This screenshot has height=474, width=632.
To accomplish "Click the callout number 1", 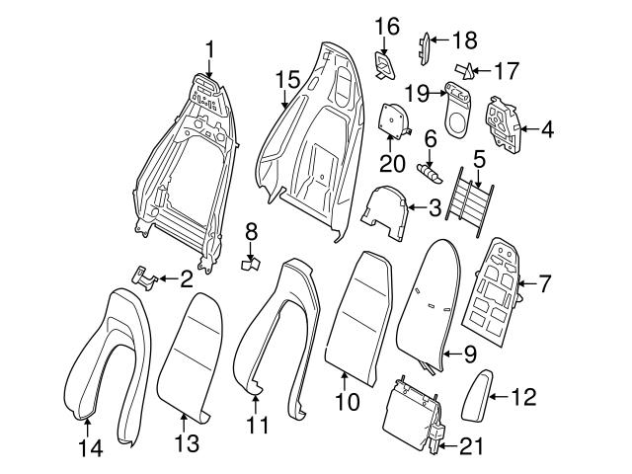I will coord(210,47).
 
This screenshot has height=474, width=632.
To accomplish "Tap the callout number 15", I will coord(286,78).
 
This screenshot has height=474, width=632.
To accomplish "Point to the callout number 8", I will coord(251,233).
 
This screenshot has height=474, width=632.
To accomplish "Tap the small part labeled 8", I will coord(251,265).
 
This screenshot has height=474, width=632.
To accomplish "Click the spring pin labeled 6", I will coord(429,169).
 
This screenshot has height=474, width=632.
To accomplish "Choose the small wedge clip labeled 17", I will coord(464,70).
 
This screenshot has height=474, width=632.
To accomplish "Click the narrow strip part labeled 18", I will coord(426,45).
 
